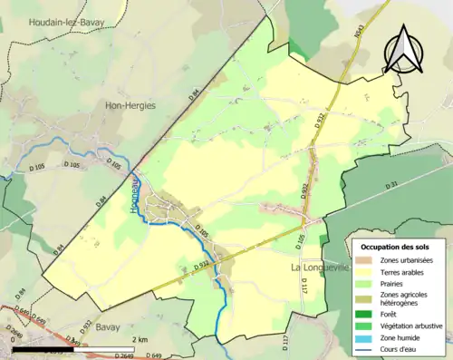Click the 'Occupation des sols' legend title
pyautogui.click(x=396, y=247)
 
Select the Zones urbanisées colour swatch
pyautogui.click(x=369, y=260)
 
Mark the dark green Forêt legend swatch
pyautogui.click(x=369, y=316)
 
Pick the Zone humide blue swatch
pyautogui.click(x=369, y=337)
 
